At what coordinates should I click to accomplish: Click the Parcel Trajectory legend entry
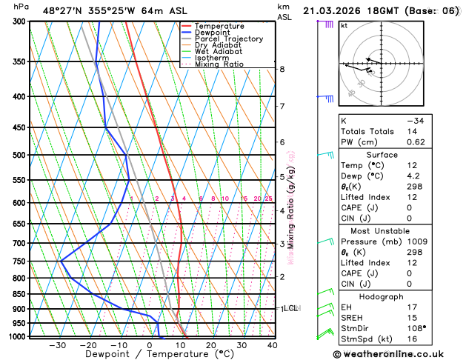(227, 39)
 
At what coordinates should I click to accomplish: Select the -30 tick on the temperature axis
(58, 345)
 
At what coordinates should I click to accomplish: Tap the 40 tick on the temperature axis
(272, 345)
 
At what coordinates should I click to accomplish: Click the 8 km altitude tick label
(282, 69)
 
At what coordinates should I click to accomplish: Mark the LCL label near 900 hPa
(290, 308)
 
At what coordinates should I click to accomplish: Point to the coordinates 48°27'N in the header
(64, 10)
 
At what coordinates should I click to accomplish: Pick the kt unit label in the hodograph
(344, 25)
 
